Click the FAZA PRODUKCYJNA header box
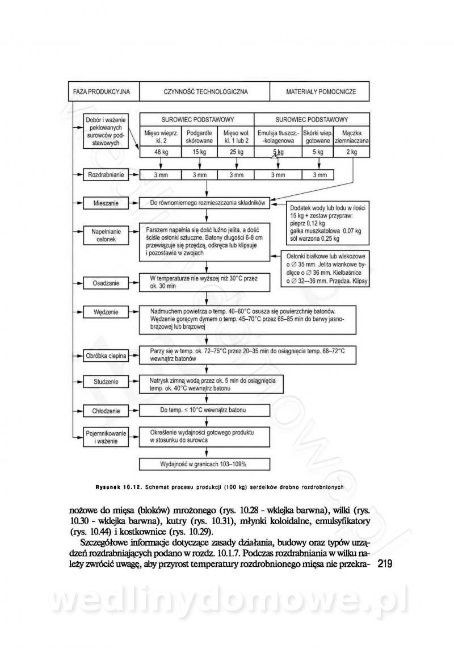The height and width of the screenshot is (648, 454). coord(102,91)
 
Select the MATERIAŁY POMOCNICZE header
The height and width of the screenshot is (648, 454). coord(321,91)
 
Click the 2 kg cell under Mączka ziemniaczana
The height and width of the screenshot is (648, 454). coord(352,152)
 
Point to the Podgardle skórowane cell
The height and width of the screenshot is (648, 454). coord(199,137)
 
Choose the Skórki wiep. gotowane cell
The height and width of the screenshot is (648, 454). coord(318,137)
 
